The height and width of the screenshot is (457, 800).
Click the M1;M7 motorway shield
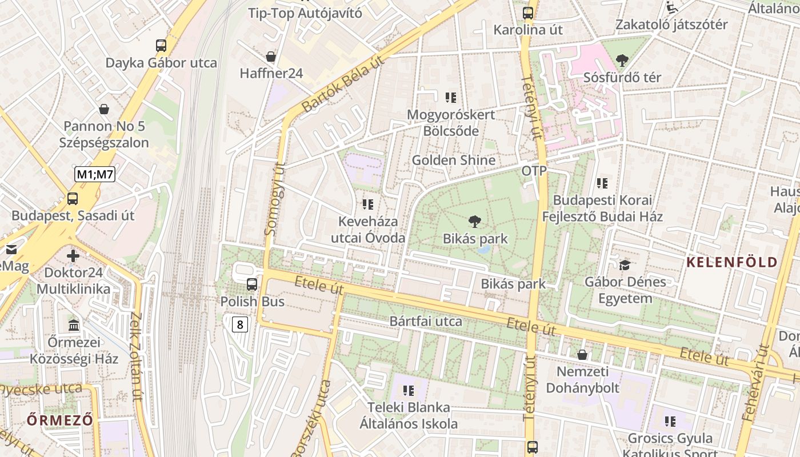[95, 174]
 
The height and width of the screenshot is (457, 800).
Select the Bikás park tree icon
[474, 222]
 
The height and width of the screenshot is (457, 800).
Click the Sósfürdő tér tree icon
[622, 60]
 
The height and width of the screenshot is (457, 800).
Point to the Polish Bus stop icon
[251, 284]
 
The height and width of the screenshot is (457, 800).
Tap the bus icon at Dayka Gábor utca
[161, 46]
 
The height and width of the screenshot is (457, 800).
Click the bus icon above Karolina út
[528, 13]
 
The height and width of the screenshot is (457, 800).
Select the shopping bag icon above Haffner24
[271, 57]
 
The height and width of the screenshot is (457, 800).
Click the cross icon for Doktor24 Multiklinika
[73, 255]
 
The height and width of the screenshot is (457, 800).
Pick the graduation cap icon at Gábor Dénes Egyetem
[625, 265]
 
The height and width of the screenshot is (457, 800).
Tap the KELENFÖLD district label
[731, 263]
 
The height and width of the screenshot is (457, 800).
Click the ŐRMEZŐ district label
[59, 420]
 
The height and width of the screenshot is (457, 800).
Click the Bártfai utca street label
[426, 322]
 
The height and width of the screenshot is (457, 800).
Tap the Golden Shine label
[453, 160]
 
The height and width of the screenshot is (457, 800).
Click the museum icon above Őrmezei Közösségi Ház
[74, 325]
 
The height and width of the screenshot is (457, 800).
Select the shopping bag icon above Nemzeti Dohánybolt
[582, 355]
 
